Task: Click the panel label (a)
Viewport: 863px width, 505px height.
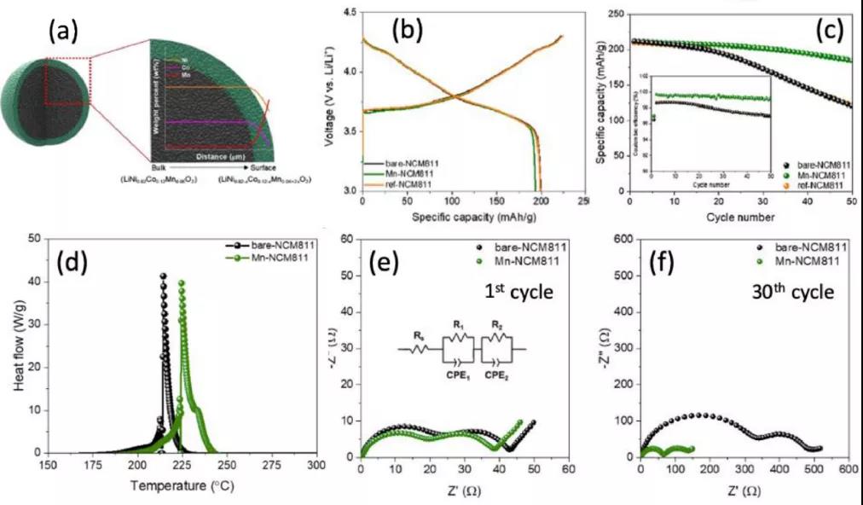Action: (63, 32)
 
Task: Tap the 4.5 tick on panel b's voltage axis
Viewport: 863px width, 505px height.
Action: (348, 13)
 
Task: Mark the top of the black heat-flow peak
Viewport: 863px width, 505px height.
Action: (163, 275)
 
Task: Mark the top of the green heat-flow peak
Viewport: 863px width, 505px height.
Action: (182, 282)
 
